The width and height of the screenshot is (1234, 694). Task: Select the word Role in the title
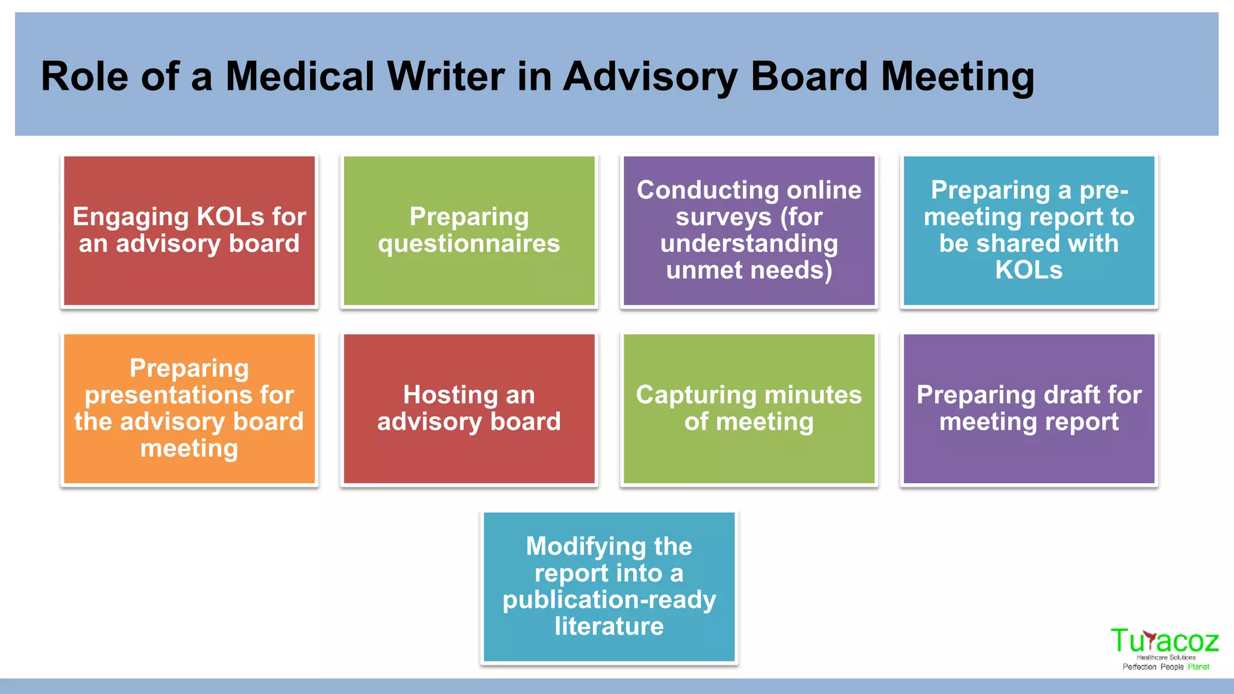[84, 77]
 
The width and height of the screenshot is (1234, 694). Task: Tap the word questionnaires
[469, 244]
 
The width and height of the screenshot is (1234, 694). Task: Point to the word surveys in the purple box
[723, 217]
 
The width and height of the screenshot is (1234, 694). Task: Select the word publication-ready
[609, 600]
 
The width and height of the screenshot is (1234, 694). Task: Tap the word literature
[609, 627]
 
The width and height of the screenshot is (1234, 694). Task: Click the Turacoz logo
[1165, 648]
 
